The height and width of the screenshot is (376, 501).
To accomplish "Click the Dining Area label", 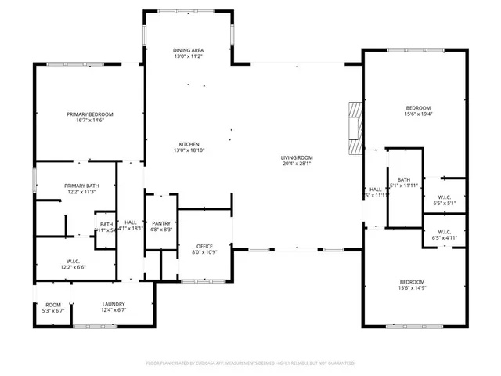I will click(x=188, y=50).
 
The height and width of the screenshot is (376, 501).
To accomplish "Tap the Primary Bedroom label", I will click(x=90, y=114).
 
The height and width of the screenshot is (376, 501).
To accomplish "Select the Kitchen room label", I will click(x=189, y=144).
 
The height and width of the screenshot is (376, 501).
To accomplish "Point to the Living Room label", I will click(x=297, y=157).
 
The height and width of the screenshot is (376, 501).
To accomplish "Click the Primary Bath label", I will click(x=80, y=186).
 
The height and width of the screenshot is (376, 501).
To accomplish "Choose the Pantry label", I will click(x=161, y=223).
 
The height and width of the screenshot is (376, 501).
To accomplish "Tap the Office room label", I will click(x=204, y=245).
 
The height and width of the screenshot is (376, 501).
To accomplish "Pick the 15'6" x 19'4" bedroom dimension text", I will click(x=418, y=114).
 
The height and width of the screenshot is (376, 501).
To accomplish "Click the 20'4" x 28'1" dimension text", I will click(x=297, y=164).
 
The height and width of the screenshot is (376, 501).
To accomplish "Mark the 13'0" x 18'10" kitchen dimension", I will click(x=189, y=150).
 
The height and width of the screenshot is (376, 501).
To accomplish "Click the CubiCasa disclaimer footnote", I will click(x=250, y=363).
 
